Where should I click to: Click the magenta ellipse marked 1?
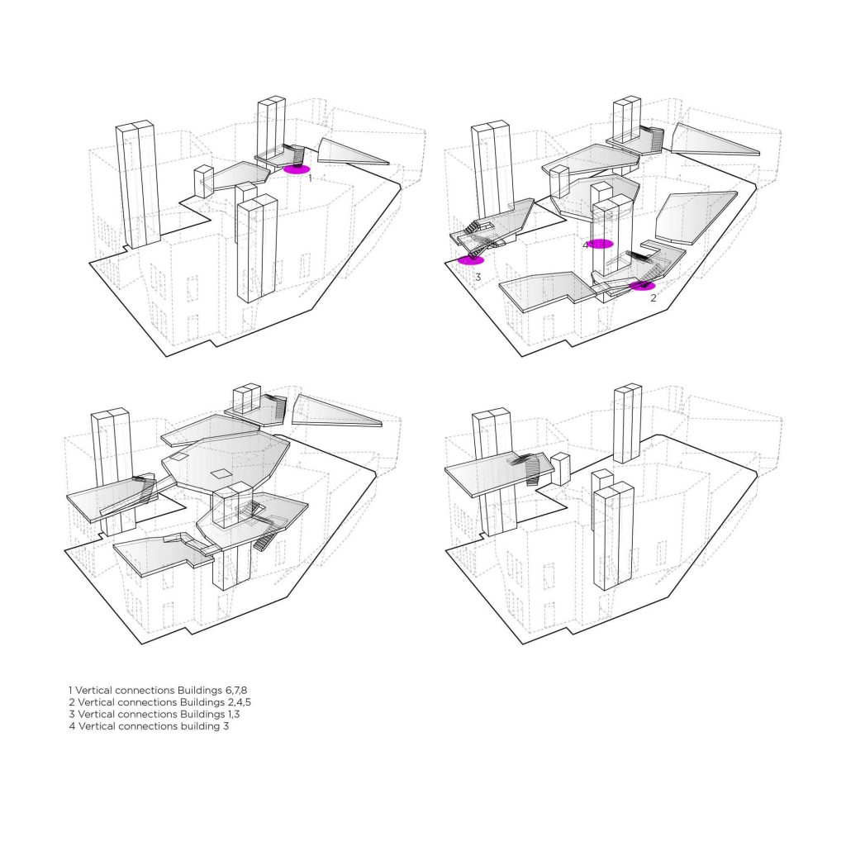[x=297, y=169]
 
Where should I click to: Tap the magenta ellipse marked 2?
[x=643, y=285]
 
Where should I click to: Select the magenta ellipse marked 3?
[x=470, y=260]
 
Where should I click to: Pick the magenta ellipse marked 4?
[x=601, y=244]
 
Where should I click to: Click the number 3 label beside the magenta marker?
[x=478, y=278]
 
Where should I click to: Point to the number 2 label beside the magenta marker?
[x=653, y=297]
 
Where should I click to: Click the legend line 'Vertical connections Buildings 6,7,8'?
[x=158, y=690]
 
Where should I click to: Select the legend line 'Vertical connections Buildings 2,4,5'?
[x=159, y=702]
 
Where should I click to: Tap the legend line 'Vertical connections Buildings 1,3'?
[x=154, y=714]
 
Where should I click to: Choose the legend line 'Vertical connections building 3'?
[x=149, y=725]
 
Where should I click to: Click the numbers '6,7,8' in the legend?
[x=236, y=690]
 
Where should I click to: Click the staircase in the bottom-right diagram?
[x=529, y=468]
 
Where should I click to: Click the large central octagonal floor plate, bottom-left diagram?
[x=226, y=464]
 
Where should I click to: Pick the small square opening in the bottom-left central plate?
[x=220, y=473]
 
